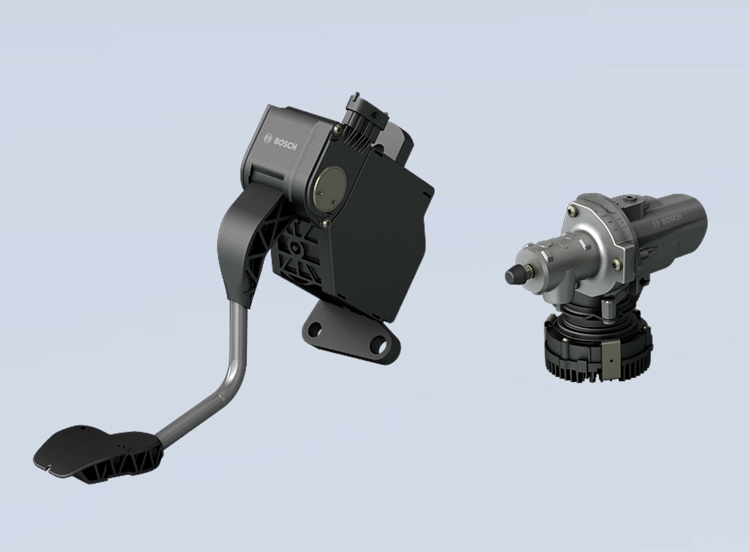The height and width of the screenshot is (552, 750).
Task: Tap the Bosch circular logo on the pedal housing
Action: click(x=268, y=138)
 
